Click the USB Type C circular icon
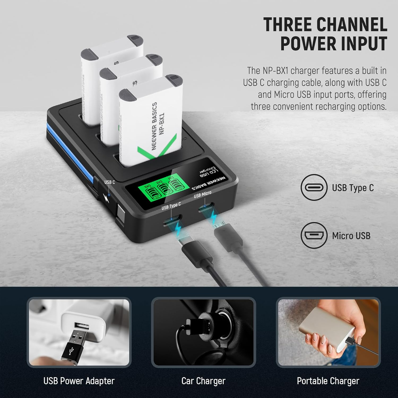point(314,187)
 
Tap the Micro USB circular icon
point(314,235)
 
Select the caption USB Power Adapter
point(79,381)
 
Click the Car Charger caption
point(203,381)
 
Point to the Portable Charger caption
point(328,381)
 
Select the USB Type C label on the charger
point(171,206)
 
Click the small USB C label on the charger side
point(110,182)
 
